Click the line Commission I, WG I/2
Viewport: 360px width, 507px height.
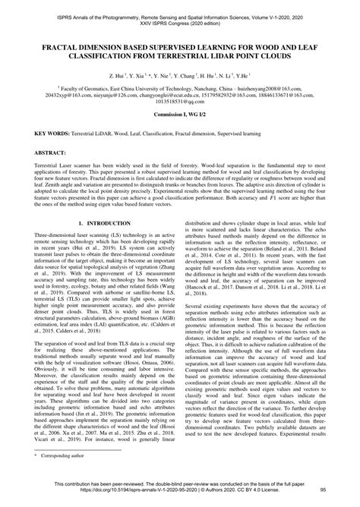click(x=179, y=112)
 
